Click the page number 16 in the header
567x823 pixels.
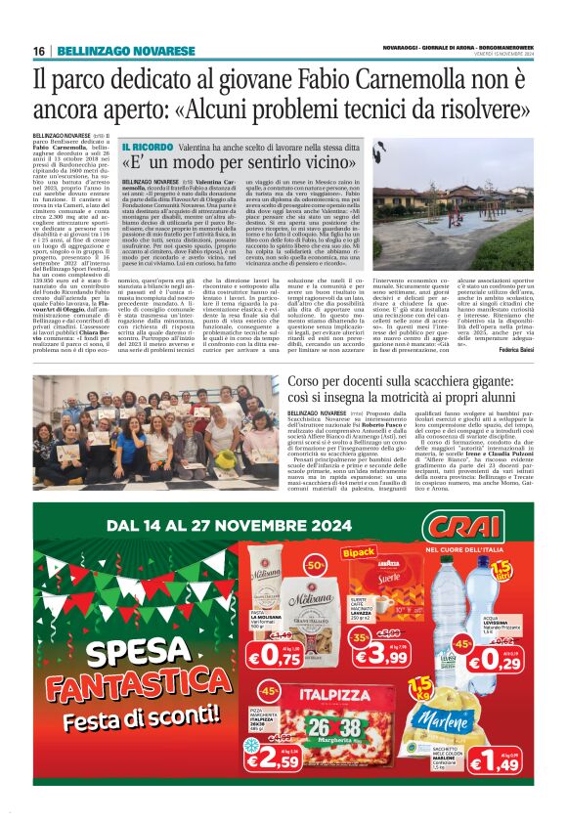pyautogui.click(x=39, y=50)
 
